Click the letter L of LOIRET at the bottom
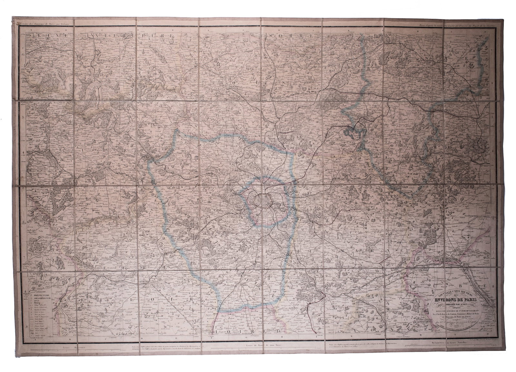(x=215, y=330)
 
